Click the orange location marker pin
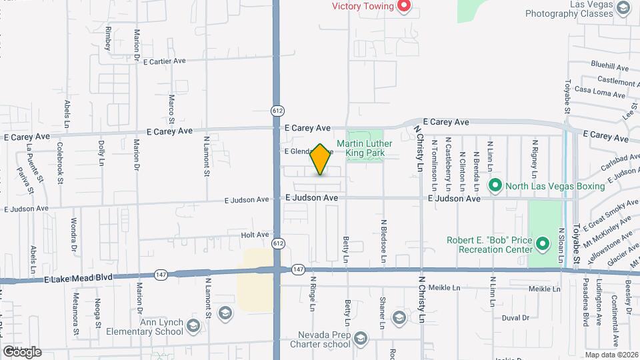tap(321, 160)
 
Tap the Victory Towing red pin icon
tap(403, 7)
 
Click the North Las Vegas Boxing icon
tap(495, 185)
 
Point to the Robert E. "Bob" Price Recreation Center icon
tap(543, 244)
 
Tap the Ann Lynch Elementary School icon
tap(193, 326)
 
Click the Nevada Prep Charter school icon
tap(361, 339)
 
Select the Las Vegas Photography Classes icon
tap(623, 8)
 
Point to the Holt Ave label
tap(255, 235)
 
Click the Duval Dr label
tap(515, 318)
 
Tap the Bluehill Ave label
tap(609, 67)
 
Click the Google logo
tap(22, 352)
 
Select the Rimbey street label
tap(107, 39)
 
